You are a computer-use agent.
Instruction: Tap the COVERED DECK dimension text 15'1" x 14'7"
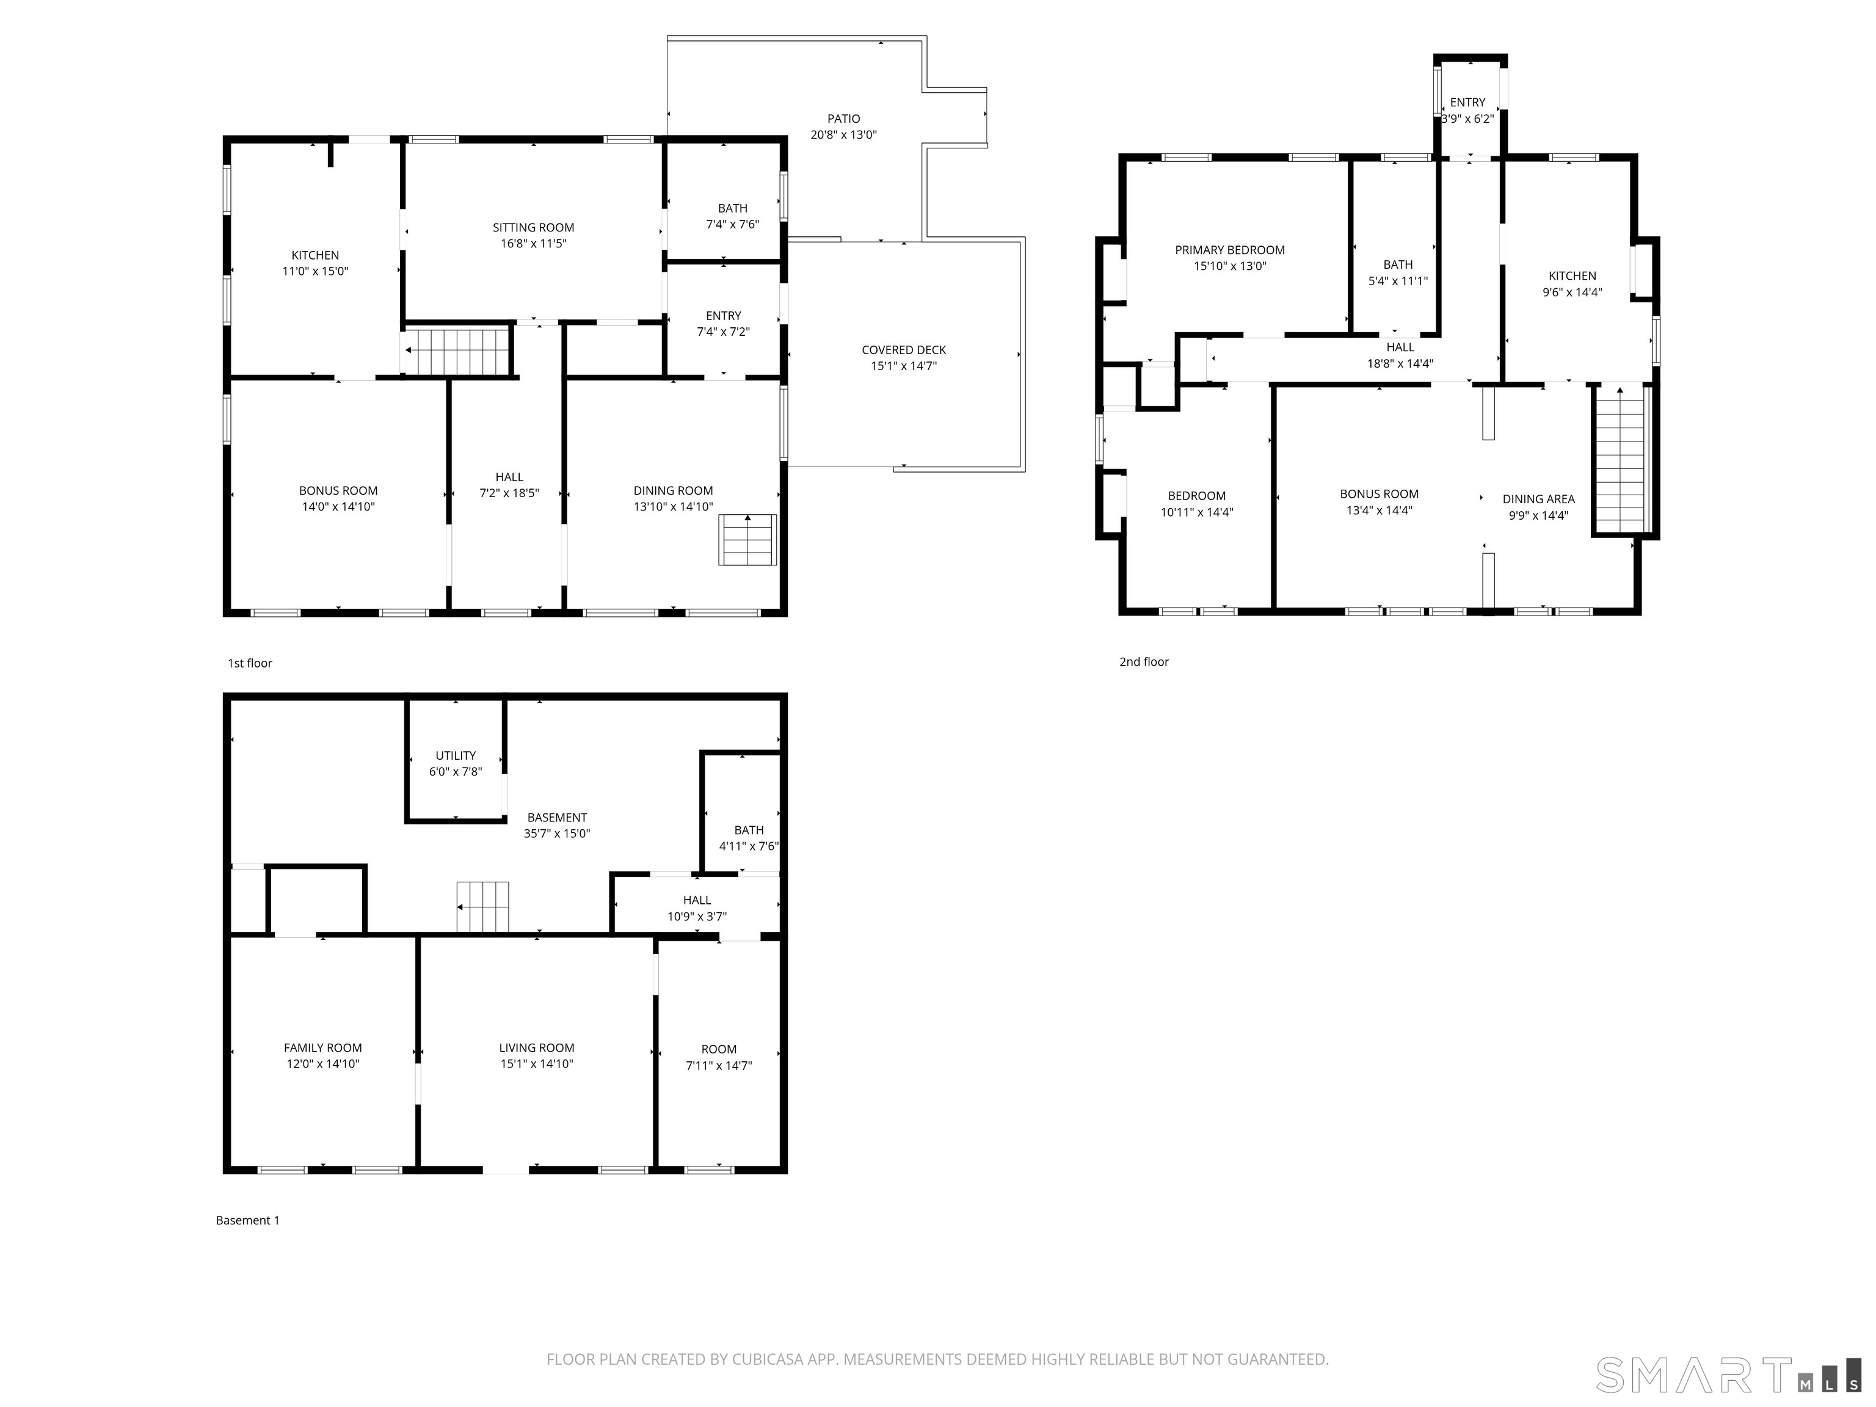(x=903, y=366)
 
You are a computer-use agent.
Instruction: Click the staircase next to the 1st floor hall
(x=458, y=351)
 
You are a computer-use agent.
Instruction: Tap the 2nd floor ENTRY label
(x=1467, y=103)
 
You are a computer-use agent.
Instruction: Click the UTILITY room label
(x=456, y=755)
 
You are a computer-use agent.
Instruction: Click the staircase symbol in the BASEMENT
(x=482, y=907)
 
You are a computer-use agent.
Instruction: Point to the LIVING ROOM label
(x=536, y=1047)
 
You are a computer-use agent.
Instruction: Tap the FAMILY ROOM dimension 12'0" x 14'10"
(x=322, y=1064)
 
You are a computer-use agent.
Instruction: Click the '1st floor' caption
(x=249, y=663)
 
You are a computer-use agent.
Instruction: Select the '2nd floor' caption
(x=1143, y=661)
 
